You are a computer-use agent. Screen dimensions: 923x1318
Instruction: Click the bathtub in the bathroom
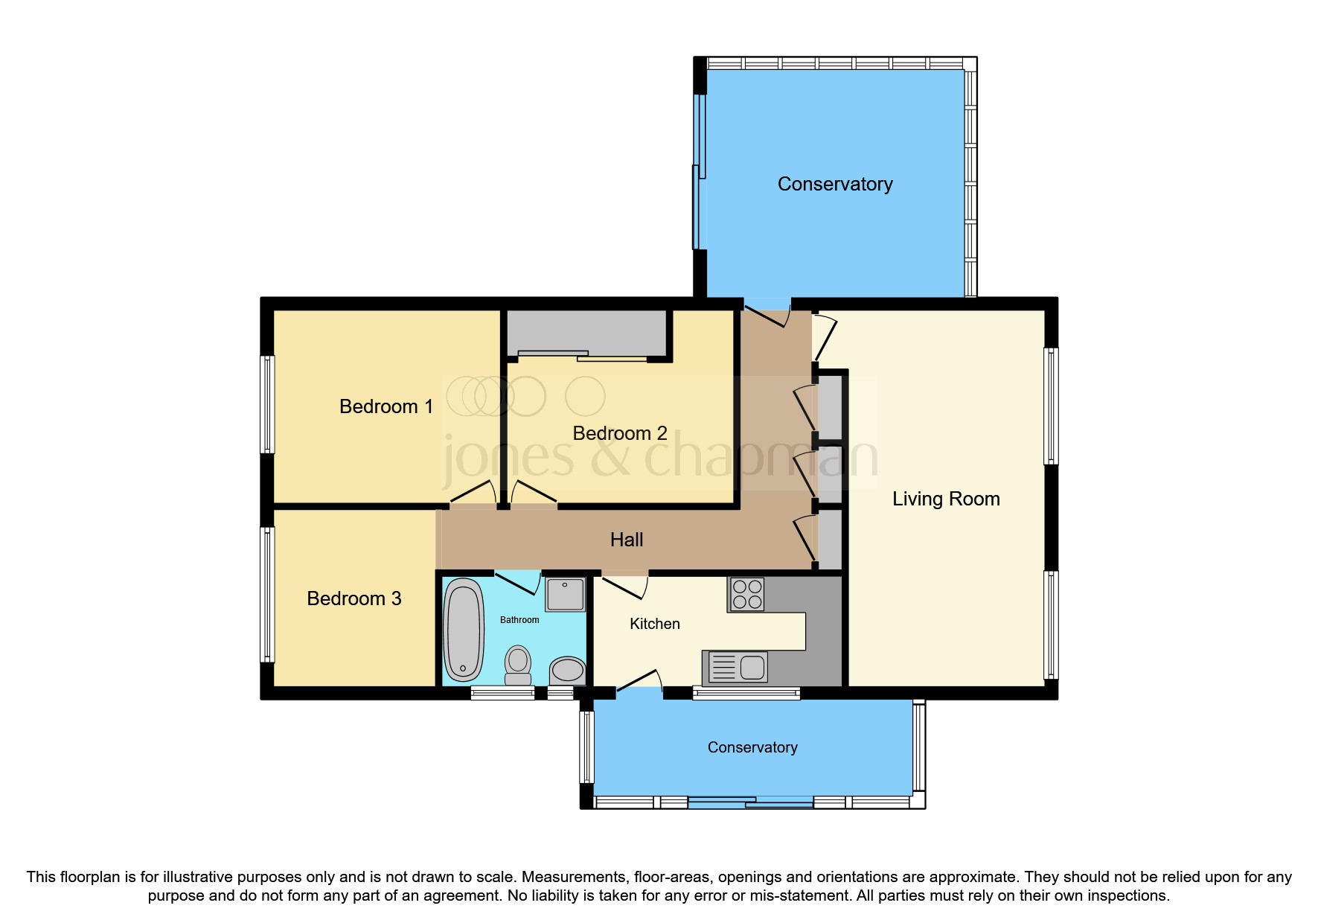(464, 630)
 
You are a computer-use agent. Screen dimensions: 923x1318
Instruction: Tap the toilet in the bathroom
(518, 665)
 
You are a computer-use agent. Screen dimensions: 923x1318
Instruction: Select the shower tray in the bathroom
(566, 594)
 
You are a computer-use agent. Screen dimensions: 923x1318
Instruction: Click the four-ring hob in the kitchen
(746, 594)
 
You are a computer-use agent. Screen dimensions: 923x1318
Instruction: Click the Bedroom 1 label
(386, 406)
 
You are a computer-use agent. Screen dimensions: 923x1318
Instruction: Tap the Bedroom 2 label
(619, 433)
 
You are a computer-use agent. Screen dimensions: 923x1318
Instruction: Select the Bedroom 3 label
(354, 598)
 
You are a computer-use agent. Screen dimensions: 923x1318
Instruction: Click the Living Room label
(945, 499)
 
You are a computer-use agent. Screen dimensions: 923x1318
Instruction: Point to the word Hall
(626, 540)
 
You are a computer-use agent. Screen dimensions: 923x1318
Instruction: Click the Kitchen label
(654, 624)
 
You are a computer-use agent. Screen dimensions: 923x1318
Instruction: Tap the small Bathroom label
(519, 619)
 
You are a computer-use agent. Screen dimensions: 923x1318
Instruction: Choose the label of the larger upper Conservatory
(834, 184)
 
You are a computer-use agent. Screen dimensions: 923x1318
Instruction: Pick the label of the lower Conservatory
(752, 747)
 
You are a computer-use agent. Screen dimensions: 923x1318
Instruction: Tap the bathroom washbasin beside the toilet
(568, 670)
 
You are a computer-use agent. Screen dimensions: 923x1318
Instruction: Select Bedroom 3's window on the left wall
(267, 594)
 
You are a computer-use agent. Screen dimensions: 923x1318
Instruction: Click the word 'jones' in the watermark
(508, 456)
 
